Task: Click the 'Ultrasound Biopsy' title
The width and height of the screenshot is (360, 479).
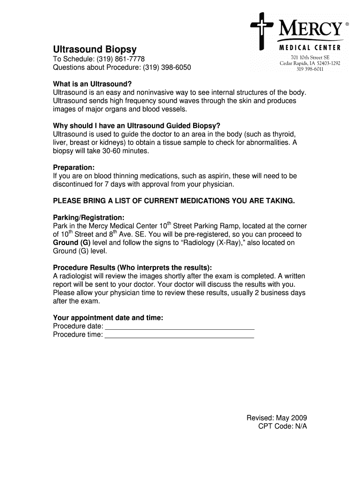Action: pos(95,49)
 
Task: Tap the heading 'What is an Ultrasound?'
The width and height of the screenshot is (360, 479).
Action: pos(93,84)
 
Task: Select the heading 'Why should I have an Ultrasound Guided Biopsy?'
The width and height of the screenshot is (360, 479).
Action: pos(136,126)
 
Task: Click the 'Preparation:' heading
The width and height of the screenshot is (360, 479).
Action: pos(74,167)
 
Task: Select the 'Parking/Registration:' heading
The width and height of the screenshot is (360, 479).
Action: pos(89,218)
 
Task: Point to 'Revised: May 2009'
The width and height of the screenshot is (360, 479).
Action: pos(277,418)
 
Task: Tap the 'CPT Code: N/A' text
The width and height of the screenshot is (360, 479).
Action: pos(282,426)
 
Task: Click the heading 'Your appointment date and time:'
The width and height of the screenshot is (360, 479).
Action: pos(108,318)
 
